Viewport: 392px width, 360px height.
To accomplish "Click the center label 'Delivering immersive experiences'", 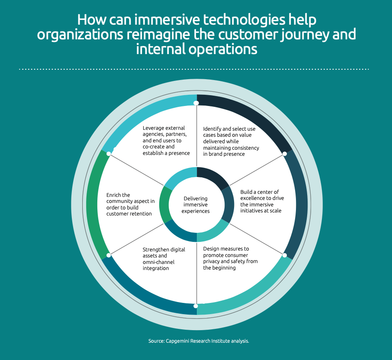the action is pos(196,205).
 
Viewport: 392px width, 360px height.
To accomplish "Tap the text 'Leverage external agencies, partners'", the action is pos(166,141).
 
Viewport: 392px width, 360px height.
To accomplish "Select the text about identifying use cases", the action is pos(231,141).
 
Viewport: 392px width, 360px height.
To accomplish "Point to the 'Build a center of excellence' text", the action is pos(262,201).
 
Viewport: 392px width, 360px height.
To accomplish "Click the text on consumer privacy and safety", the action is pos(230,258).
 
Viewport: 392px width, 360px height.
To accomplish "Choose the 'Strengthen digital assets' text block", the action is pos(164,259).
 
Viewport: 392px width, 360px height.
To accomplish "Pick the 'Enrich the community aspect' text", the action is pos(131,204).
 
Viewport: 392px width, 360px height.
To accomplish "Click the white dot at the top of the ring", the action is pos(196,103).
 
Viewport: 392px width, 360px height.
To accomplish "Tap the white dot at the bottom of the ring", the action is pos(196,306).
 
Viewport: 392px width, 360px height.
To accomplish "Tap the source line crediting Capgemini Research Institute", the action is pos(199,341).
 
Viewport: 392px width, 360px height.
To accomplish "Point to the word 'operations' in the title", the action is pos(223,49).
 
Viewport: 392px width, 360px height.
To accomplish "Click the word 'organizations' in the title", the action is pos(80,35).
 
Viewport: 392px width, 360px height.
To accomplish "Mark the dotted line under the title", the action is pos(194,69).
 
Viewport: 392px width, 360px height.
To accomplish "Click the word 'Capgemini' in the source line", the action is pos(177,341).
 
